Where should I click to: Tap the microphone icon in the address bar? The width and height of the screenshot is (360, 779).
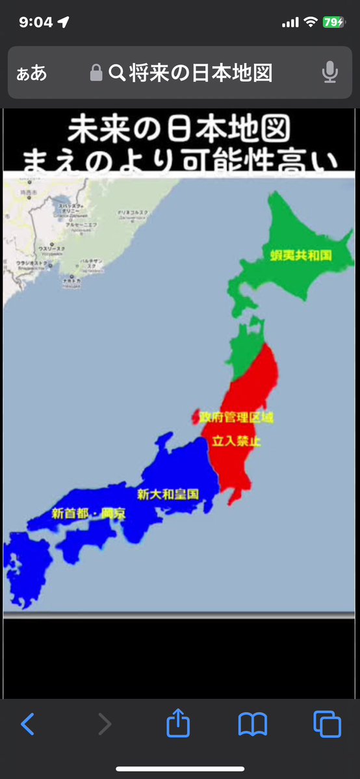(x=330, y=72)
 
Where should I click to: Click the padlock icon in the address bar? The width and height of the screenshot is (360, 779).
(x=96, y=73)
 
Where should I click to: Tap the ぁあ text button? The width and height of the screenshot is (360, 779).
(x=32, y=73)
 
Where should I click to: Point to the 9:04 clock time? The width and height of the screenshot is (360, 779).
(x=36, y=22)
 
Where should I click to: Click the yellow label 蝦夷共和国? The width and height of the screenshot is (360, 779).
(x=300, y=255)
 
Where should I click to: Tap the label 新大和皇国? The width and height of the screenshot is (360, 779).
(x=167, y=494)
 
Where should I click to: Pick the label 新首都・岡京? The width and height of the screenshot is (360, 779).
(x=88, y=513)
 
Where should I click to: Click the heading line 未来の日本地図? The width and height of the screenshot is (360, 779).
(x=180, y=129)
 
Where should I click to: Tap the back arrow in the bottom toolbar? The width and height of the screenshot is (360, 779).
(x=27, y=723)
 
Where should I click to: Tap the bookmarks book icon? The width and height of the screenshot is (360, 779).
(x=252, y=724)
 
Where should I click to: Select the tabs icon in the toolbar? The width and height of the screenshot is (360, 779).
(x=327, y=723)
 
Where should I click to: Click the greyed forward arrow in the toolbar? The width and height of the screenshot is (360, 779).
(x=104, y=723)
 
